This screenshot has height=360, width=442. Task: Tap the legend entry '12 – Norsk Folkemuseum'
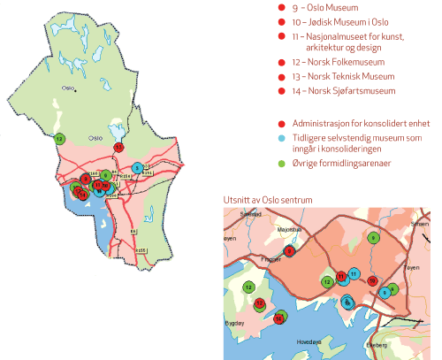click(341, 62)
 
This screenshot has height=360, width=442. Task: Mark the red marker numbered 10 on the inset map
click(373, 281)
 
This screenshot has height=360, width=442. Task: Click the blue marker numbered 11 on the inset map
click(354, 274)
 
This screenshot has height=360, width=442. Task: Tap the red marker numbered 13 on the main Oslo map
click(119, 147)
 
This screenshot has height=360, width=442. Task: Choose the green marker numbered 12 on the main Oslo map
click(59, 139)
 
